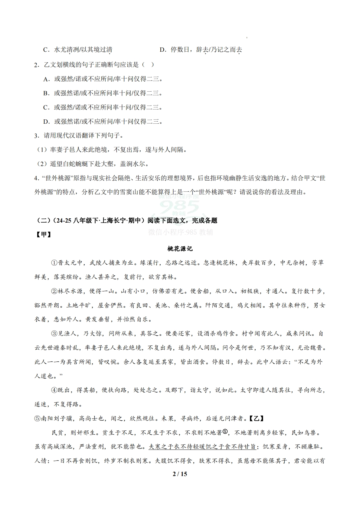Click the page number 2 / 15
[180, 474]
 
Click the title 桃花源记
[180, 249]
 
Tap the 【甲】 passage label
[44, 235]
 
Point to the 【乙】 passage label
[257, 419]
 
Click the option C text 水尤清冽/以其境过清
[83, 50]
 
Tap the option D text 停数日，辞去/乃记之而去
[206, 50]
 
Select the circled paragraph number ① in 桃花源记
[54, 263]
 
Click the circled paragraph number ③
[54, 334]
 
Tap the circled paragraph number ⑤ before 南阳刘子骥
[38, 419]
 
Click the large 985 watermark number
[180, 208]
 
